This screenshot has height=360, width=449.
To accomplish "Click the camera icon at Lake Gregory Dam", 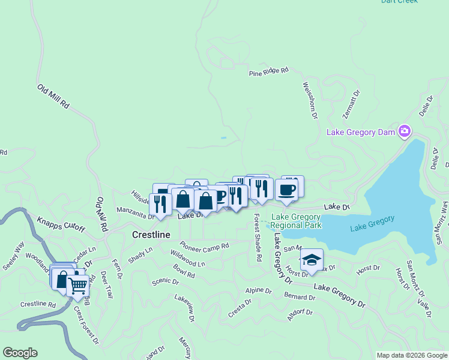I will pos(405,131).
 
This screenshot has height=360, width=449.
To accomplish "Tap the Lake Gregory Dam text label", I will pos(361,132).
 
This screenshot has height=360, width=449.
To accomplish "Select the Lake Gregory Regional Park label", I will pos(296,221).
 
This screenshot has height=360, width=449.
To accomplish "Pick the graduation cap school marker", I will pos(312,260).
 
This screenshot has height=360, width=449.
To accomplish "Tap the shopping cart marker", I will pos(77,286).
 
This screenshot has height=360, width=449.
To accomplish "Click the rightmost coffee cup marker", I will pos(286,191).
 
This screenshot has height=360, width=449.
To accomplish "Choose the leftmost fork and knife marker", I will pos(160,204).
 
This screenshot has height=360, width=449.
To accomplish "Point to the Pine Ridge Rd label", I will pos(269,71).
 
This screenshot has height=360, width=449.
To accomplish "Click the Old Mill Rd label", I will pos(53,97).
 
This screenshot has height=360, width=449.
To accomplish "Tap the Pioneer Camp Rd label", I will pos(205,246).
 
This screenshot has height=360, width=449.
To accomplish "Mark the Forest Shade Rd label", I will pos(257,238).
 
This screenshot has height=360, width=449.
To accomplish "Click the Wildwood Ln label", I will pos(187,259).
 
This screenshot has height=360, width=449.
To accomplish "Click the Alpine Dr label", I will pos(259,291).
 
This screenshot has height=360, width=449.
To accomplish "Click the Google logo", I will pos(20,353).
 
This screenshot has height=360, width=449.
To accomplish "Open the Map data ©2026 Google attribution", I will pos(412,355).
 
